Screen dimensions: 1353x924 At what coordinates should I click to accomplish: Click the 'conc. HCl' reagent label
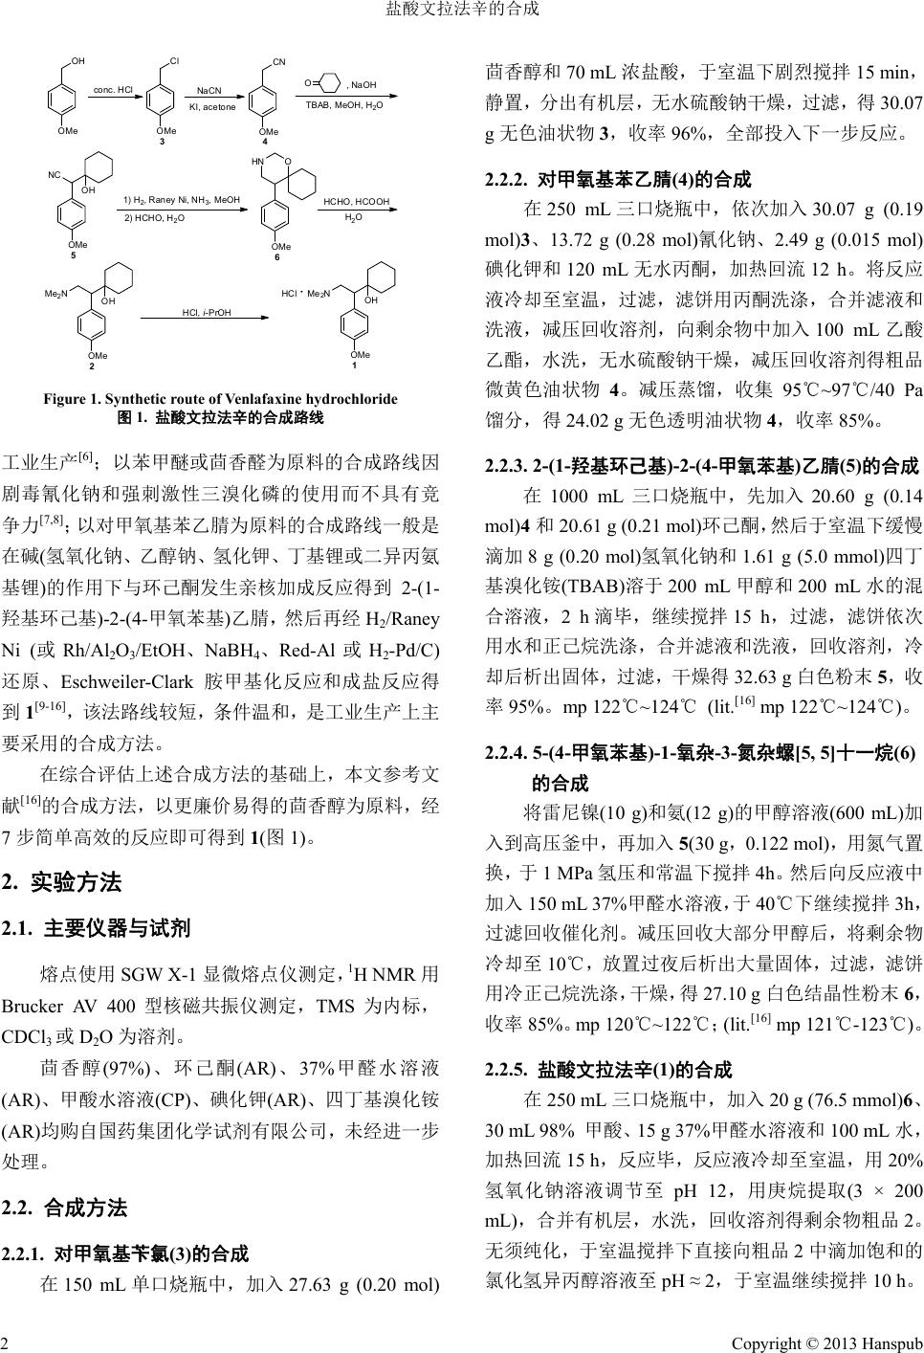coord(112,90)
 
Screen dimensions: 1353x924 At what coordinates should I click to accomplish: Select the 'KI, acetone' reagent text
coord(212,106)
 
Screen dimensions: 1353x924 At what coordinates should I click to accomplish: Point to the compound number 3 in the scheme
coord(162,142)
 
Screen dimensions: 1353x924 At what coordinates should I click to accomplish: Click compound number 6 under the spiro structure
coord(276,257)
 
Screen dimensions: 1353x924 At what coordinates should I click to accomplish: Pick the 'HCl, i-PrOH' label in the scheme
coord(208,312)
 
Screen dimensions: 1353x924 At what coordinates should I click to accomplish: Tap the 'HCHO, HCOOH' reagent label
coord(357,202)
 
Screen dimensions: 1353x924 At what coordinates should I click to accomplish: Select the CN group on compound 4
coord(278,62)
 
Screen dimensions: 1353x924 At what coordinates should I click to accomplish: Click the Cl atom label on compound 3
coord(174,61)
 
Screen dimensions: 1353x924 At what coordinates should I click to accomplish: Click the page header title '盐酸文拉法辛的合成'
coord(462,10)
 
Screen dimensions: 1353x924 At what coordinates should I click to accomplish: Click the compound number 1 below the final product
coord(354,366)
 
